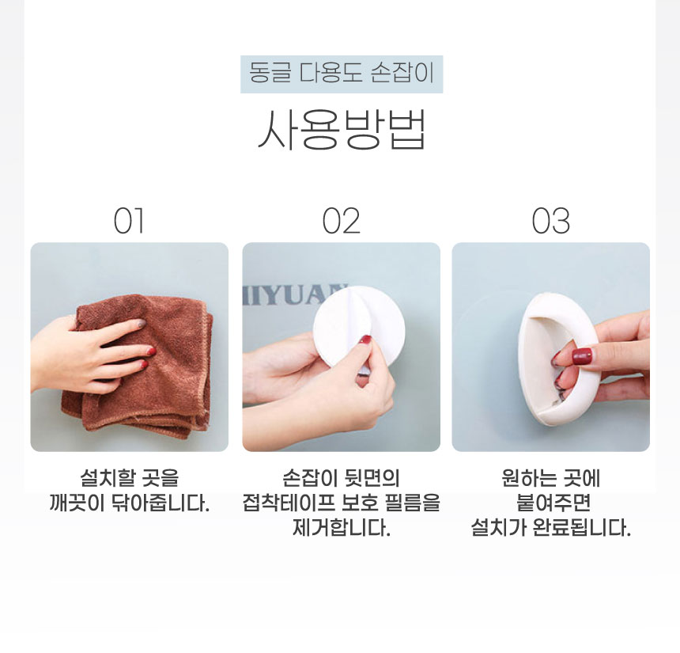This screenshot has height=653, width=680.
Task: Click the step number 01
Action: click(x=129, y=221)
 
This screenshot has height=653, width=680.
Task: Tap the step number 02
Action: click(x=342, y=221)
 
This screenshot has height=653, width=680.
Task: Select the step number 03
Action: click(x=551, y=221)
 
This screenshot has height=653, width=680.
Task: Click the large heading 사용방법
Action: click(x=342, y=129)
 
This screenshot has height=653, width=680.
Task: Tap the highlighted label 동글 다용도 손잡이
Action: click(x=342, y=74)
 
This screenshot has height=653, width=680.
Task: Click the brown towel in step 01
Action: click(x=143, y=365)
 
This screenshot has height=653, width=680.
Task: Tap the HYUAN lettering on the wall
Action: click(x=294, y=294)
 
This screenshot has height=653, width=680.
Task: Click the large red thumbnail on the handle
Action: click(x=581, y=356)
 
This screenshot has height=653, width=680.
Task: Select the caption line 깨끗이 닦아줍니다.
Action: click(x=129, y=503)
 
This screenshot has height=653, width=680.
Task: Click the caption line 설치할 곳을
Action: click(x=129, y=478)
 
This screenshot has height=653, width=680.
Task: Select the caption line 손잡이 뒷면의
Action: click(x=342, y=478)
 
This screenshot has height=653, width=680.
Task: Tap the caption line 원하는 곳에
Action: click(x=551, y=478)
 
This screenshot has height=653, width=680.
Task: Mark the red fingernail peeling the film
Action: click(x=365, y=340)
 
